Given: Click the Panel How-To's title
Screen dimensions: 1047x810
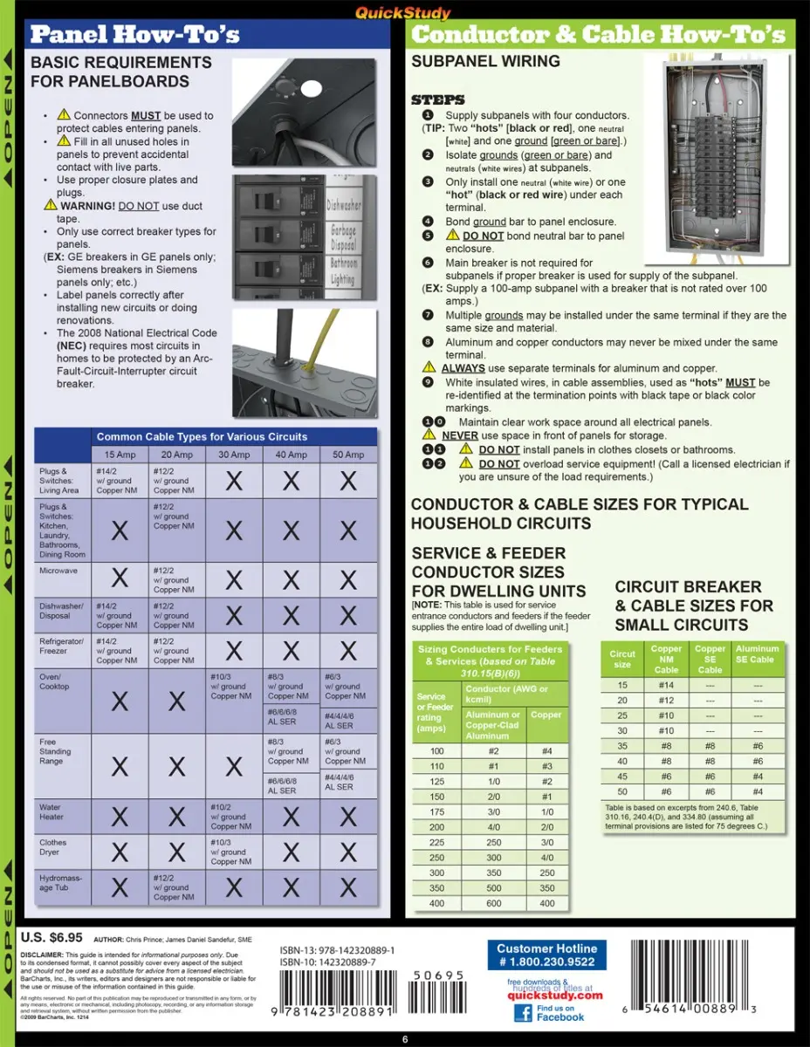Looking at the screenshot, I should pyautogui.click(x=134, y=36).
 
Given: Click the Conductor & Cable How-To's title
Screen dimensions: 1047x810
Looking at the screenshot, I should pyautogui.click(x=598, y=36).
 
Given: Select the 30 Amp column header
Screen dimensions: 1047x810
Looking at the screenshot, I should pyautogui.click(x=234, y=455).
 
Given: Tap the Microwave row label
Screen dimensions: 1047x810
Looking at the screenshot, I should pyautogui.click(x=58, y=571).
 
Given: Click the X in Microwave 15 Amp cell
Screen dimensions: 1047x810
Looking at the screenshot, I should pyautogui.click(x=120, y=578).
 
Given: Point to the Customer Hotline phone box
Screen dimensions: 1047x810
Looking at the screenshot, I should pyautogui.click(x=546, y=955).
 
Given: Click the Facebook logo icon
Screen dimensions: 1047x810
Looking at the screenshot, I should pyautogui.click(x=523, y=1012).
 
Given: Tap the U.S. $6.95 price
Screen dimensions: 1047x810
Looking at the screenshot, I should pyautogui.click(x=51, y=938).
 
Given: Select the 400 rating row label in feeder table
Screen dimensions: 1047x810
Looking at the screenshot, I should pyautogui.click(x=436, y=903).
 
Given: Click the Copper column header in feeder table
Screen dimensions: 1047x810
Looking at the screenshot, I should pyautogui.click(x=546, y=715).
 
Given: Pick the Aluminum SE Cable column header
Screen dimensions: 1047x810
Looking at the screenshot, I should pyautogui.click(x=757, y=654).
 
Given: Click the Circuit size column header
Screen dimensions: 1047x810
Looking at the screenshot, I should pyautogui.click(x=622, y=659).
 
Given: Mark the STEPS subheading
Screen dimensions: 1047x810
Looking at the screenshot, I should pyautogui.click(x=437, y=99).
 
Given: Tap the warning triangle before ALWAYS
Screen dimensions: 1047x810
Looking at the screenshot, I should pyautogui.click(x=429, y=368).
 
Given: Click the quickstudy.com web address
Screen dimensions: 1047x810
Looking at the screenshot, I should pyautogui.click(x=555, y=995).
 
